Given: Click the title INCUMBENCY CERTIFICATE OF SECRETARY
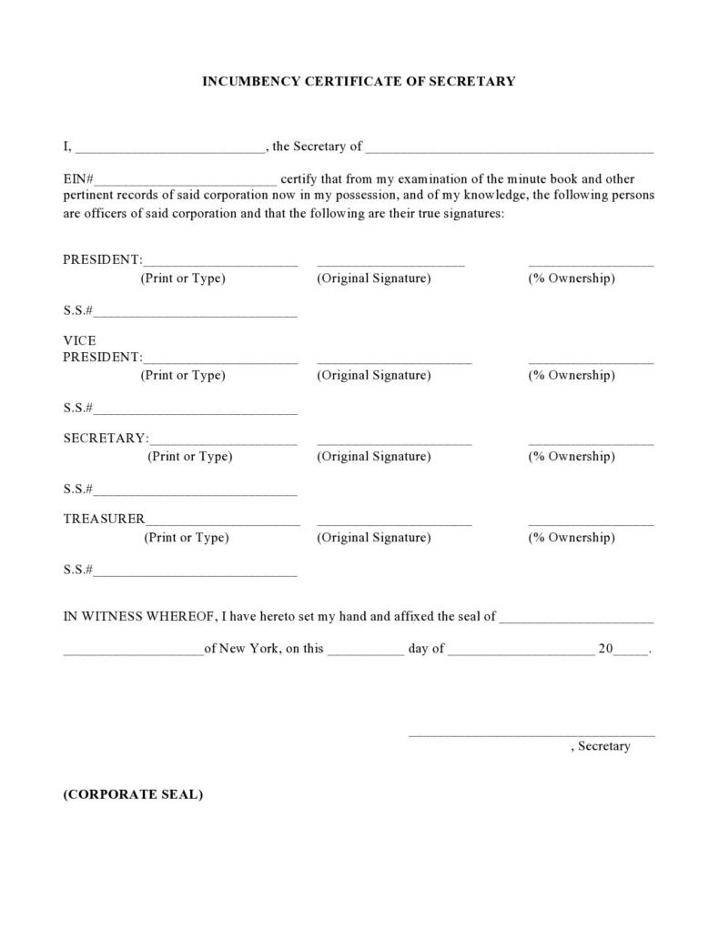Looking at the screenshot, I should (359, 81).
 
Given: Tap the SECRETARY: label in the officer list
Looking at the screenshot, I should (106, 438).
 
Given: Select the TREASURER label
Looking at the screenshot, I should (104, 519).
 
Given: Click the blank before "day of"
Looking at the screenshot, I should (365, 652).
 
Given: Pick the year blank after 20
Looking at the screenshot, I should (633, 652).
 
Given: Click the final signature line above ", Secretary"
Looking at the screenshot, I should (532, 733).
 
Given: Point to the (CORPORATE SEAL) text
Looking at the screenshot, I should (133, 794).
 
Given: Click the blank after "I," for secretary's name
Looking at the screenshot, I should (169, 149).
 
